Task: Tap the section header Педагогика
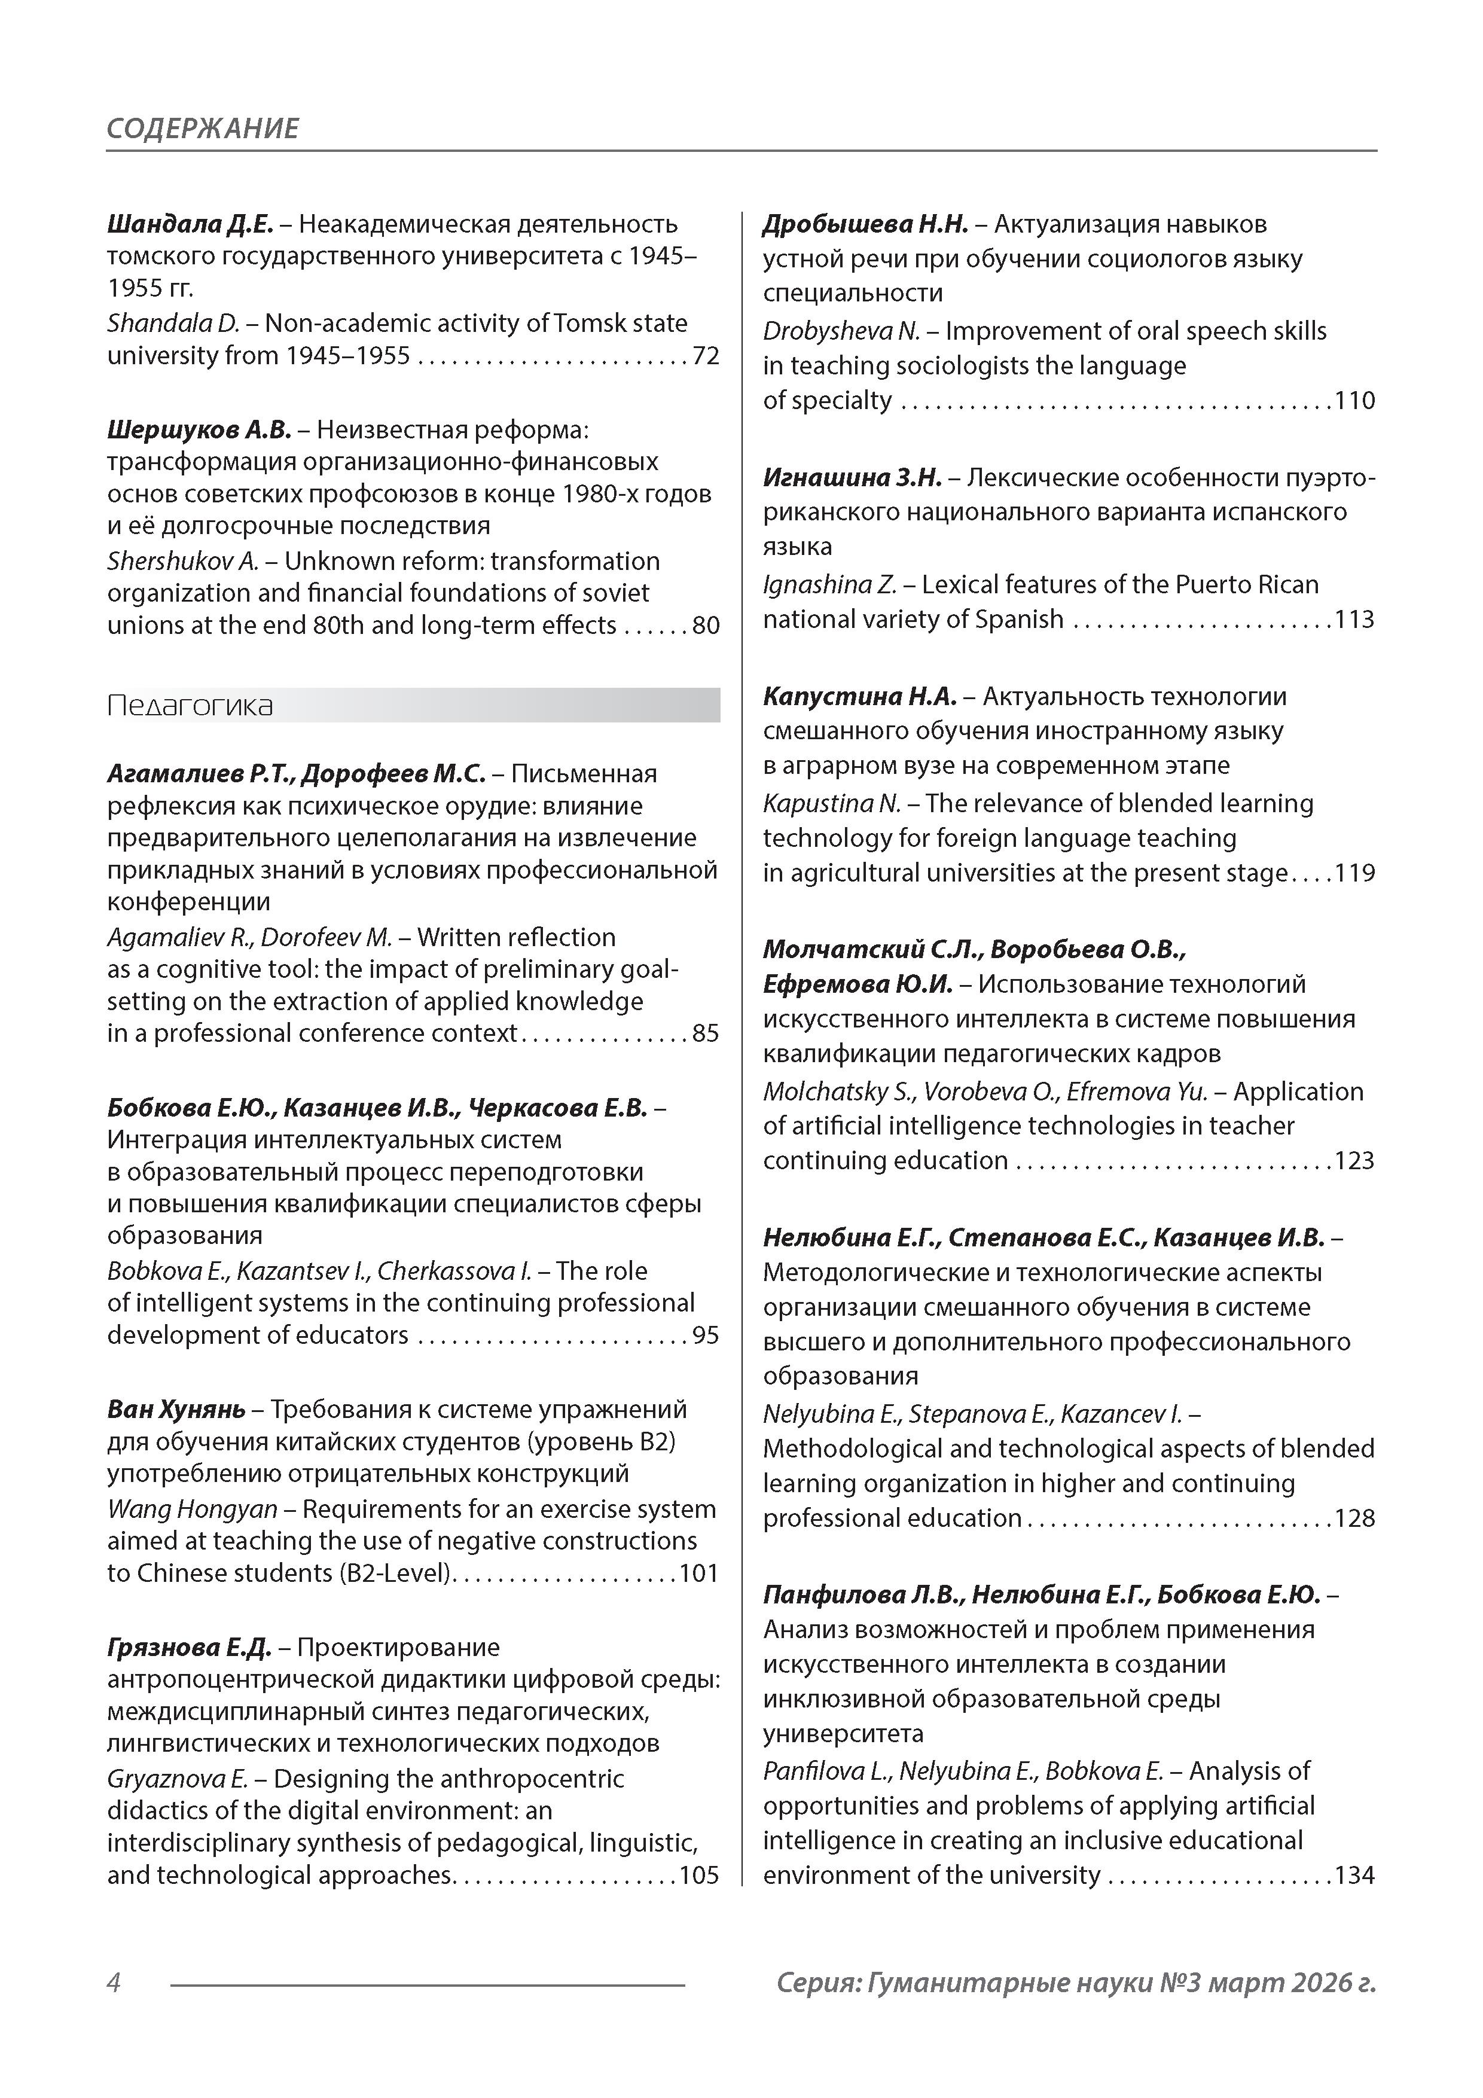[190, 706]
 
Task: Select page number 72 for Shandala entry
[706, 355]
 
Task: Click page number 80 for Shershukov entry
[706, 626]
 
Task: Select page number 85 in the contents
[706, 1033]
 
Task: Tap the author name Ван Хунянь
[175, 1410]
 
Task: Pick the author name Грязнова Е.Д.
[189, 1648]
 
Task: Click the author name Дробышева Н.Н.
[865, 224]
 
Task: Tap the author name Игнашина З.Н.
[852, 478]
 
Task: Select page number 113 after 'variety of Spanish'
[1355, 620]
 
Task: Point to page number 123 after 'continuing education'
[1355, 1160]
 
